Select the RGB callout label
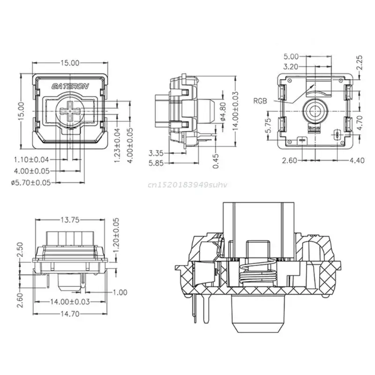pos(262,100)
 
